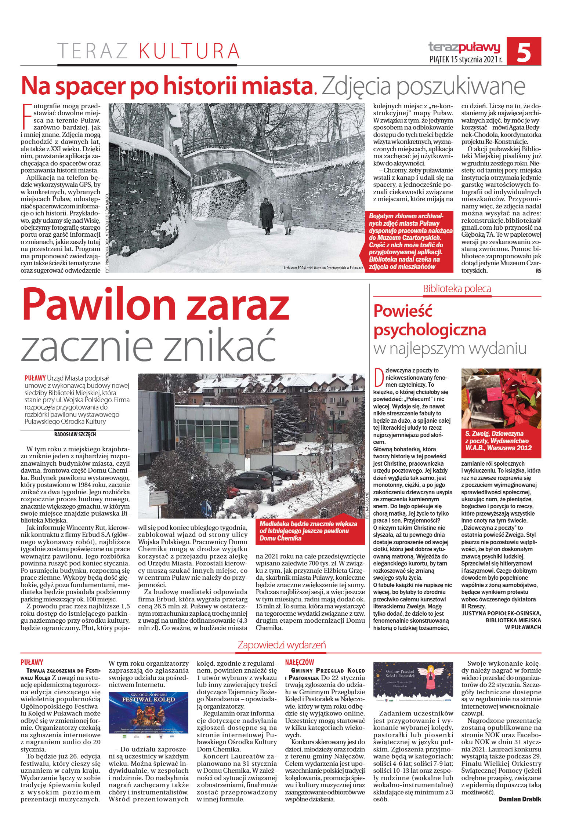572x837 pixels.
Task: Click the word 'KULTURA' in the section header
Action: coord(189,51)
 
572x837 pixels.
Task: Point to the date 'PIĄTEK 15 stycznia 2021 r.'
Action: coord(466,59)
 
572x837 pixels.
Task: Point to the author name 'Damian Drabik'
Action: coord(520,797)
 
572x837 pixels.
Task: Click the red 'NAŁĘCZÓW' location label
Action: coord(300,662)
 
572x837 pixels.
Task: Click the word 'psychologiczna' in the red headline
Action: coord(430,330)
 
